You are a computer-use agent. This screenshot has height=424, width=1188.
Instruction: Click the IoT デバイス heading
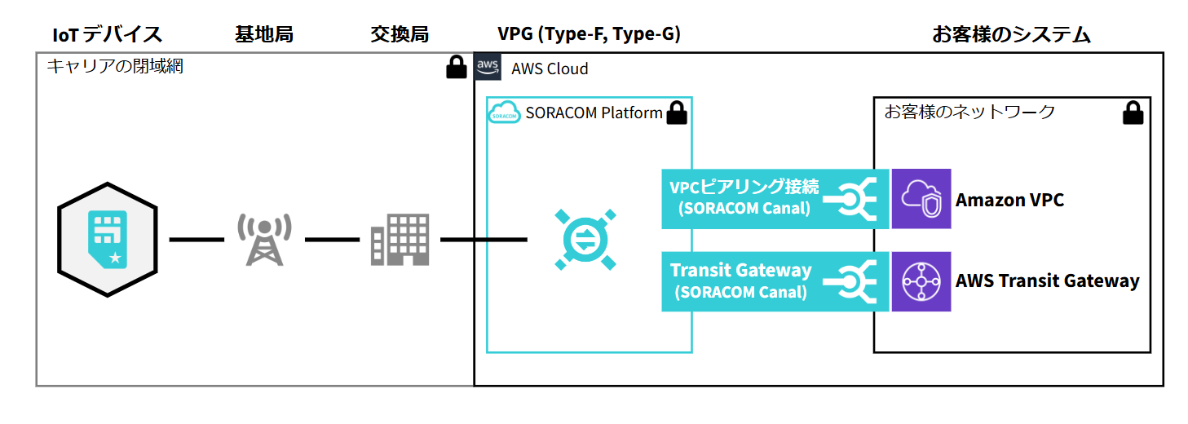click(x=107, y=34)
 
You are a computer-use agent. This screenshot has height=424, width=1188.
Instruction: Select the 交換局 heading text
click(x=399, y=34)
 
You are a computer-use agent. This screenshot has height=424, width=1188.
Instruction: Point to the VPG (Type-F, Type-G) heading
click(x=589, y=34)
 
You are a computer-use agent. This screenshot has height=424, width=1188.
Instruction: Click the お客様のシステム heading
click(x=1011, y=34)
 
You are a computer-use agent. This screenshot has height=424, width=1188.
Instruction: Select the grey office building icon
click(x=400, y=240)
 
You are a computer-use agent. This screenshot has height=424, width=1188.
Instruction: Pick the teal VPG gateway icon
click(x=585, y=240)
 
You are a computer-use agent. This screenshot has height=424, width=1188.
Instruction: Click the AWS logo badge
click(x=488, y=68)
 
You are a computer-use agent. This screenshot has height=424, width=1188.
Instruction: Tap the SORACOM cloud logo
click(x=504, y=114)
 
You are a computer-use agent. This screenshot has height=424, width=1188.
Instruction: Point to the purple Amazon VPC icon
click(x=921, y=199)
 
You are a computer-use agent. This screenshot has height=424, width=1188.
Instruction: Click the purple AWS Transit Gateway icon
click(x=921, y=281)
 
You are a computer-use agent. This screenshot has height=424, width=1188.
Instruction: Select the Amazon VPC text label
click(x=1009, y=200)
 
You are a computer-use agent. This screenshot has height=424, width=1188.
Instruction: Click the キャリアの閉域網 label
click(x=115, y=67)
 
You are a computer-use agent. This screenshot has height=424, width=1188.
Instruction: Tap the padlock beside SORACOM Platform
click(x=677, y=113)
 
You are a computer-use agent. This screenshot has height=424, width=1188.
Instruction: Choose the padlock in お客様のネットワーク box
click(x=1132, y=113)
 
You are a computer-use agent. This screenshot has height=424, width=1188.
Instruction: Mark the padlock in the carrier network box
click(x=457, y=68)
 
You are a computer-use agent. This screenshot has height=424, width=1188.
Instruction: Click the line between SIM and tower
click(x=196, y=240)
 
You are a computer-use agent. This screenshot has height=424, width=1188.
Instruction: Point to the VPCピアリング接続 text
click(x=743, y=187)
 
